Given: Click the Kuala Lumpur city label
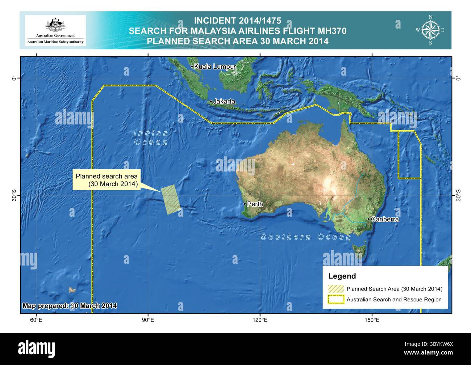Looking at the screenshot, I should pos(215,67).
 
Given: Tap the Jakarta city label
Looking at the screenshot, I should pos(224,102).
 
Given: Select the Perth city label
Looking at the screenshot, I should pos(255,204).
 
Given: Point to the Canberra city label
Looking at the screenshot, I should pos(385,219).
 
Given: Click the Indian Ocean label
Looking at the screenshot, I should pos(151,138).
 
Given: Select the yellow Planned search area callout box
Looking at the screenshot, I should pos(107,180).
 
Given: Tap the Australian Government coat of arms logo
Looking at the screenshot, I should pos(55,25).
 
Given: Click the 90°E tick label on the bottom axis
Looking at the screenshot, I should pos(148,320).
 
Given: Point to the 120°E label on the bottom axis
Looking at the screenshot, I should pos(260,320).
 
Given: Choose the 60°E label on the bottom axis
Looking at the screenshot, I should pos(36,320).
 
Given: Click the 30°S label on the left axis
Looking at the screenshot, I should pos(14,195).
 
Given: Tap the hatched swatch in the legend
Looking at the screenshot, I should pos(336,289).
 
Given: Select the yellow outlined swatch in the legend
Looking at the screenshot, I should pos(336,300).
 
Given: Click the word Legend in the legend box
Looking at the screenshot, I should pos(342,276).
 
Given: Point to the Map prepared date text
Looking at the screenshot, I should pos(70,306).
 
